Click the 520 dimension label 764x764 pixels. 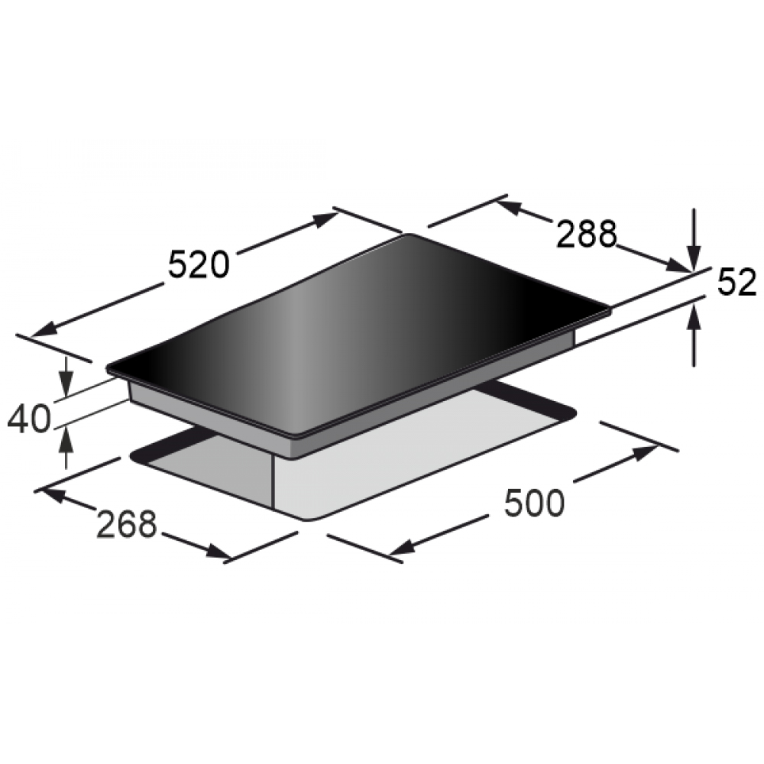pos(199,264)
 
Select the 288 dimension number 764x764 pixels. pos(586,235)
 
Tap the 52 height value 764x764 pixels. pos(736,282)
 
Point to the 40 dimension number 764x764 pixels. pos(29,418)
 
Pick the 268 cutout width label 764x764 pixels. pos(127,524)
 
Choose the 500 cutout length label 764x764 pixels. pos(534,503)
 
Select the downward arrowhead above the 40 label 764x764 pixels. pos(66,383)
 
